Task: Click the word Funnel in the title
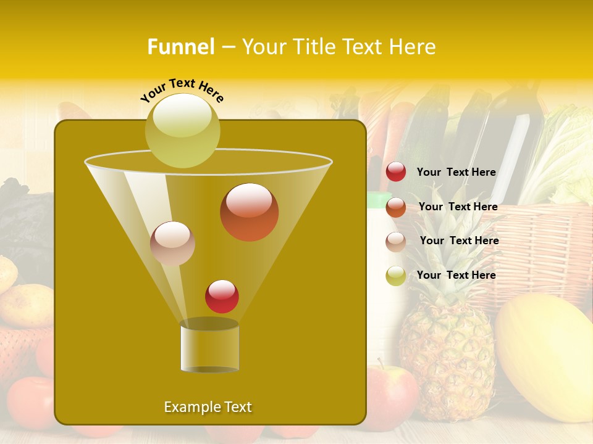[180, 47]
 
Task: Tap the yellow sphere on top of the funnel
[183, 130]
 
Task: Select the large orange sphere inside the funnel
[249, 212]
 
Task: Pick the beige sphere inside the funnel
[173, 244]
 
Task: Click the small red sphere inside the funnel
[222, 296]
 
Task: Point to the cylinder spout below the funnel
[209, 347]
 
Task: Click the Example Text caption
[208, 407]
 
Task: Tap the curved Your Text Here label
[182, 89]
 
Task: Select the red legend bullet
[396, 172]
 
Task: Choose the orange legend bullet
[396, 207]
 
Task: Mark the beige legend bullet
[396, 241]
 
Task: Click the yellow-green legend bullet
[396, 276]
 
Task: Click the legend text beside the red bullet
[456, 173]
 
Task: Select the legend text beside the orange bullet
[458, 207]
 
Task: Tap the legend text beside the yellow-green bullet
[456, 275]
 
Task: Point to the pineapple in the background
[448, 345]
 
